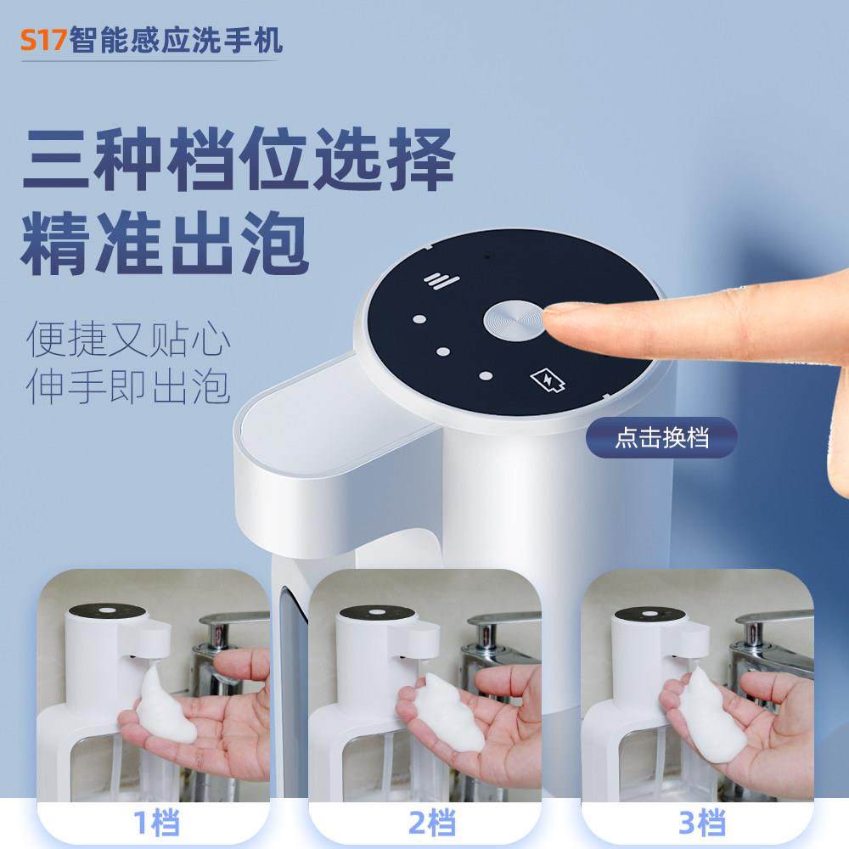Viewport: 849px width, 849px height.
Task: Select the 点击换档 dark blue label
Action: coord(661,439)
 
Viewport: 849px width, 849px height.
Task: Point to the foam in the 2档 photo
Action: coord(447,710)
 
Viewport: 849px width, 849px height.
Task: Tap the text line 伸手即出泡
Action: coord(127,386)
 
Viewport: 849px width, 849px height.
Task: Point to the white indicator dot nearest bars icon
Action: coord(418,321)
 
